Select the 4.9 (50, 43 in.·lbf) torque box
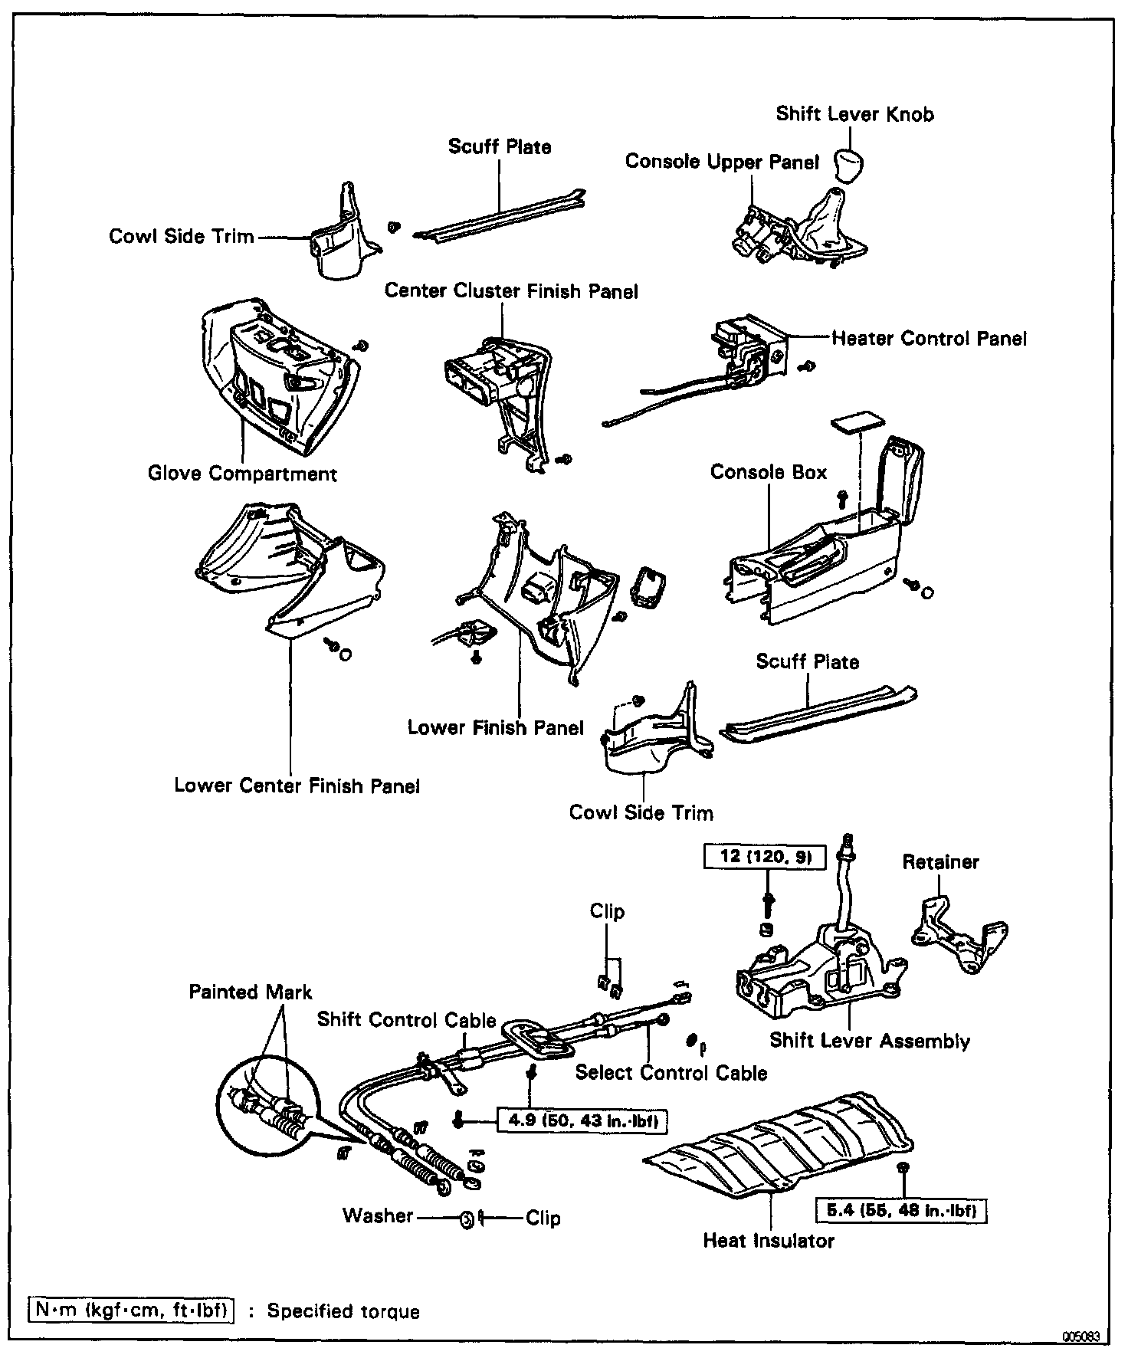pyautogui.click(x=580, y=1121)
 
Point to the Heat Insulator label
pyautogui.click(x=768, y=1241)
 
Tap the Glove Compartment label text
pyautogui.click(x=242, y=474)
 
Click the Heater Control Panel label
pyautogui.click(x=929, y=339)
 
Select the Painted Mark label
pyautogui.click(x=251, y=992)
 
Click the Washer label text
pyautogui.click(x=378, y=1215)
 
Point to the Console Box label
pyautogui.click(x=768, y=472)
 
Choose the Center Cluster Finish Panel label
pyautogui.click(x=511, y=291)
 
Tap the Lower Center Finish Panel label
pyautogui.click(x=297, y=786)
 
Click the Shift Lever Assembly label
pyautogui.click(x=870, y=1041)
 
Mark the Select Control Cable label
pyautogui.click(x=671, y=1072)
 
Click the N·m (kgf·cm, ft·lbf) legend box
pyautogui.click(x=130, y=1310)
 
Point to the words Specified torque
pyautogui.click(x=343, y=1311)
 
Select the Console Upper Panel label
pyautogui.click(x=722, y=162)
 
